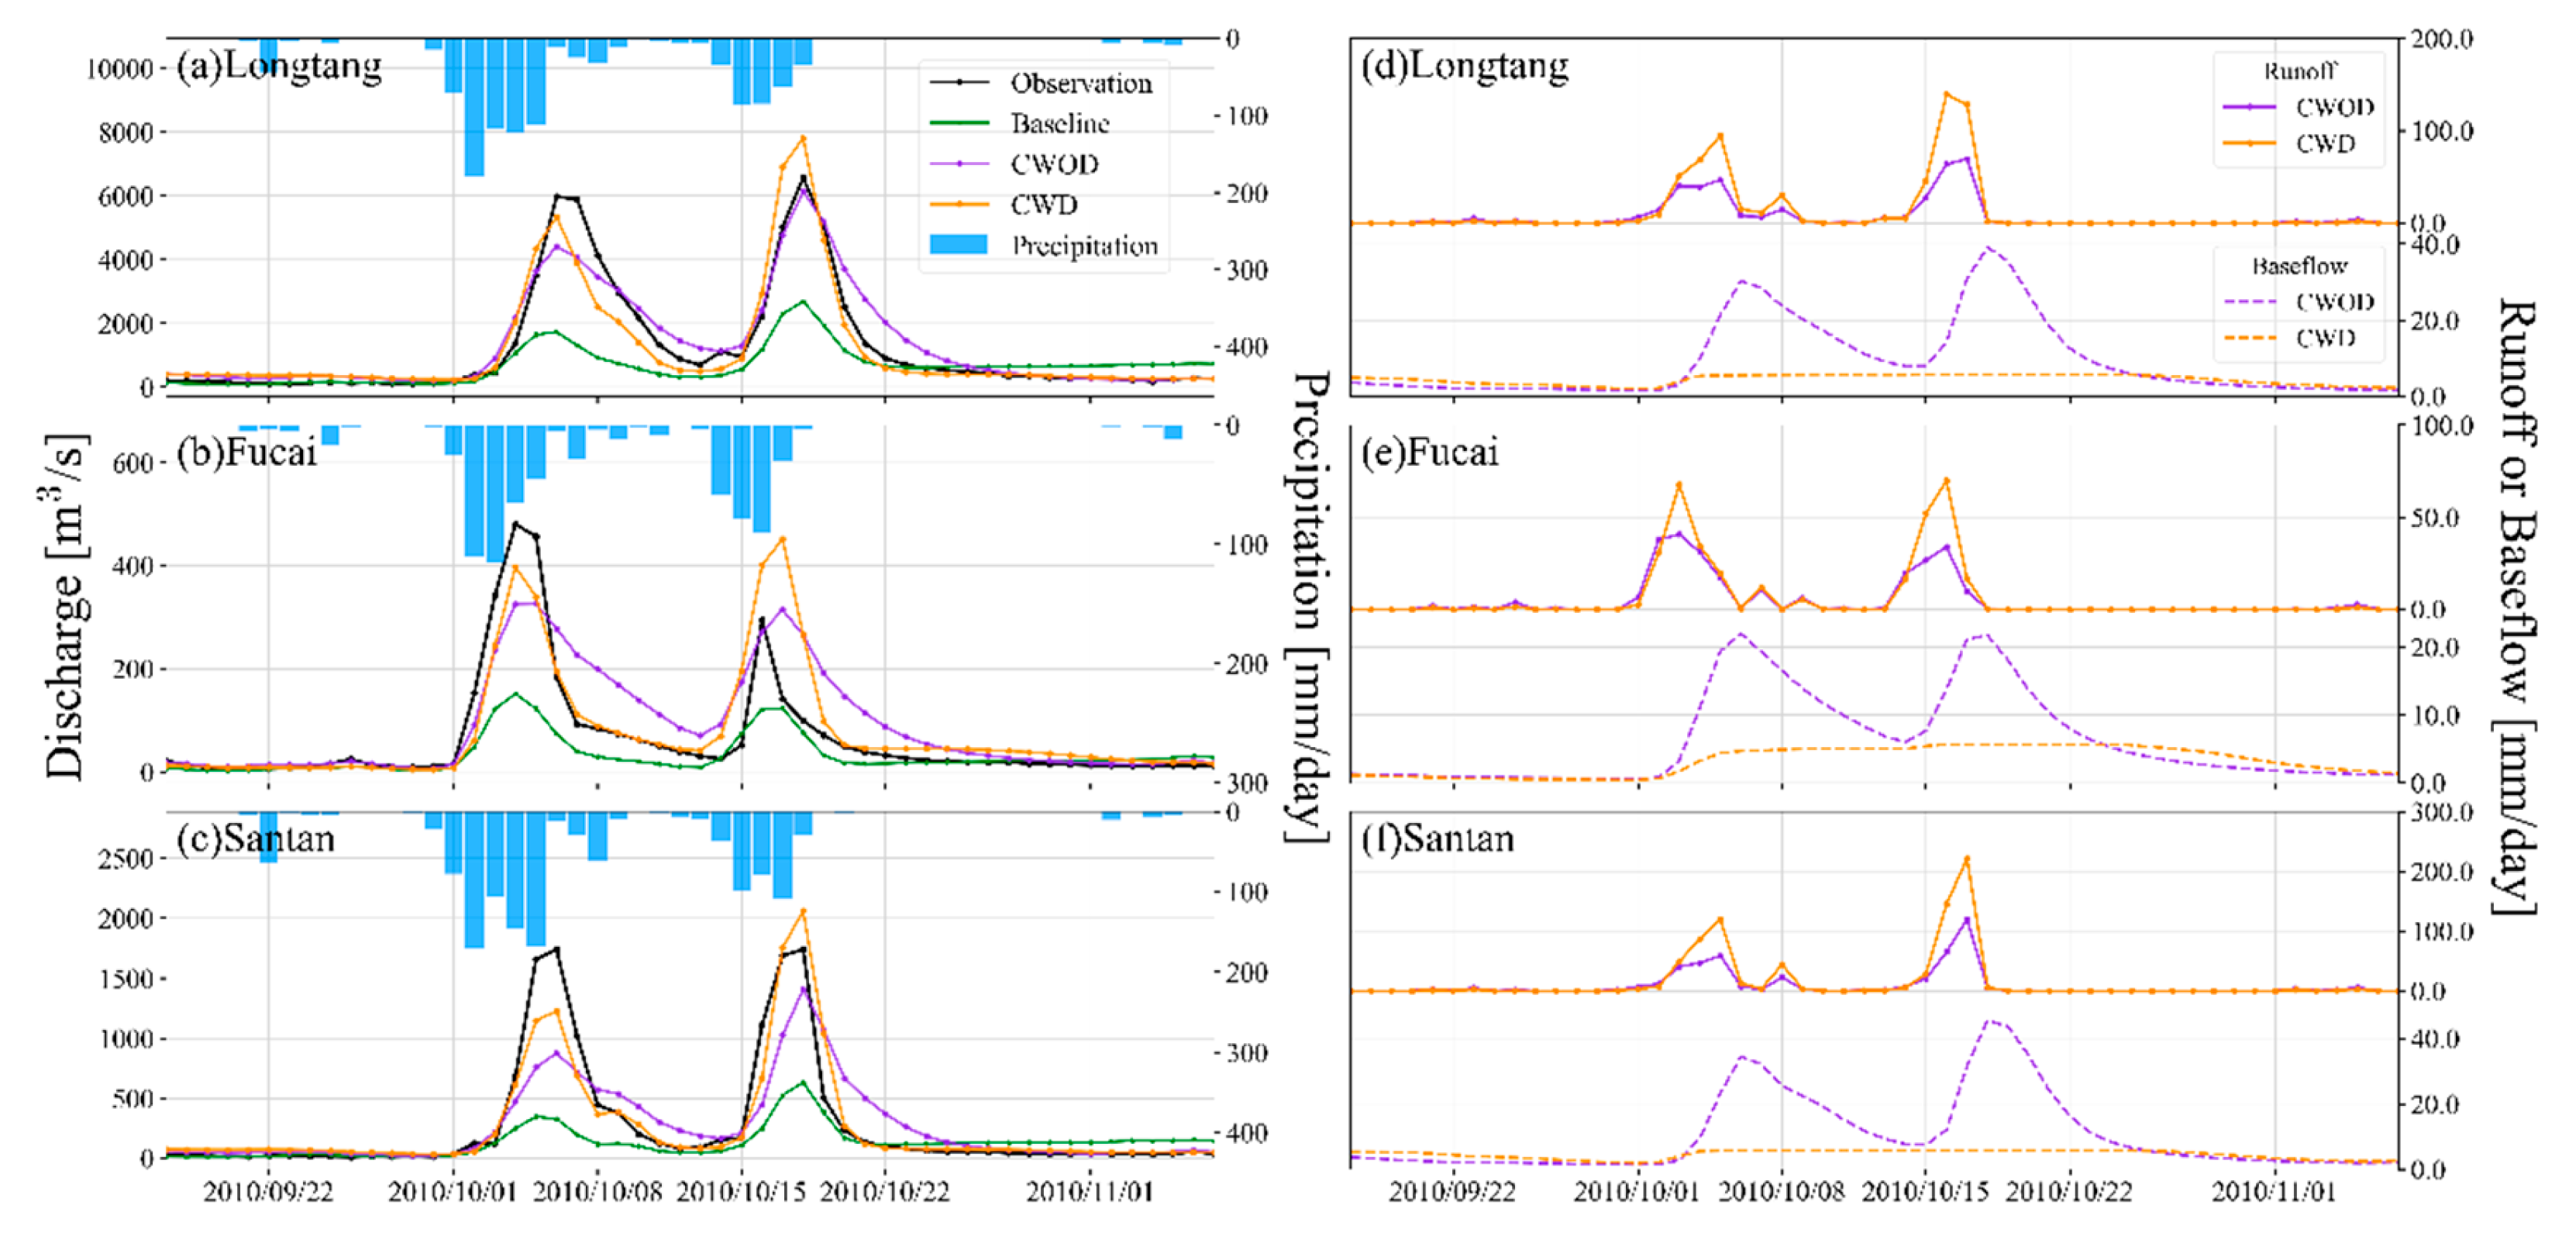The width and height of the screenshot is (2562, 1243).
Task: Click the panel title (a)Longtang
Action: click(x=280, y=66)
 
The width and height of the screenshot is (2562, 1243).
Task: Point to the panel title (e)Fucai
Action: click(x=1429, y=453)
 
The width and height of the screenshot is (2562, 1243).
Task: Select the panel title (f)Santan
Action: click(x=1437, y=839)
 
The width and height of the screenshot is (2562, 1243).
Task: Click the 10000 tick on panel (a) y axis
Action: click(x=119, y=69)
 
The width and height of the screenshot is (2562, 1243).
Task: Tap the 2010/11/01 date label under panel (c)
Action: click(x=1089, y=1191)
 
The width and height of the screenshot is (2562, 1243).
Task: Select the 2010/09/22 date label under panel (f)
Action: click(x=1452, y=1191)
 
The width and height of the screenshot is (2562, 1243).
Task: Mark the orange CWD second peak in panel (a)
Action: click(x=803, y=138)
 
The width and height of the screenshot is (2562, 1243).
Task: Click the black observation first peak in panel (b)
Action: click(x=515, y=523)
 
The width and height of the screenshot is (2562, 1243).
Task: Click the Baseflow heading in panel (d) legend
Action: click(x=2299, y=267)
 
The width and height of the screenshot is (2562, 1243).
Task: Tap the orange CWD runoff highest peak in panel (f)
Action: click(x=1966, y=858)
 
